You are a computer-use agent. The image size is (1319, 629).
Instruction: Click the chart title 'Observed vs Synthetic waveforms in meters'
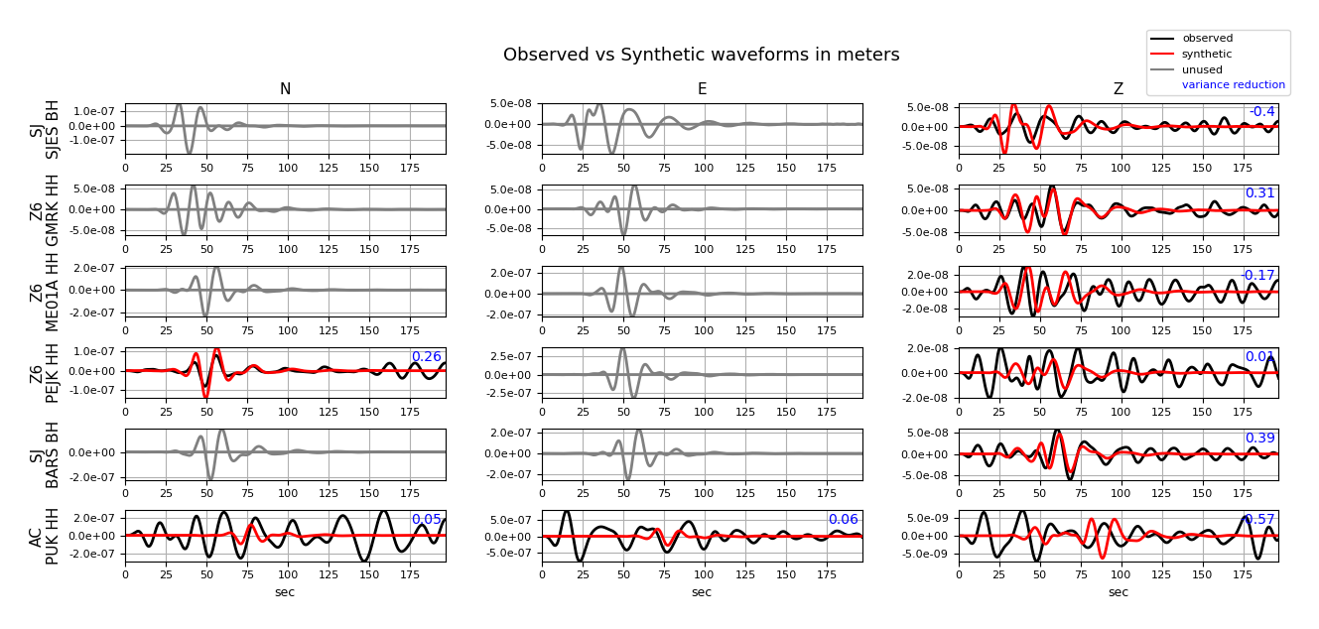point(701,56)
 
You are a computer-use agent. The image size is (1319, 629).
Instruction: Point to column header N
point(285,89)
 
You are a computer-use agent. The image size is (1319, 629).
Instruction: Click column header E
point(702,89)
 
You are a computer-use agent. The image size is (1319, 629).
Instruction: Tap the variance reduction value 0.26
point(427,357)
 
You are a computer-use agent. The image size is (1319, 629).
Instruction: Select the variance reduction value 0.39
point(1259,439)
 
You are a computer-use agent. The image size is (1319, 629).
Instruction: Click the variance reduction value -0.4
point(1261,112)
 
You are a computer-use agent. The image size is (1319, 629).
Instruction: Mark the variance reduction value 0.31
point(1259,193)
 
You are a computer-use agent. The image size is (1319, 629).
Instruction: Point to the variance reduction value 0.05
point(427,520)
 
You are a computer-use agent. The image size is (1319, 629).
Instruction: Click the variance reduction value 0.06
point(843,520)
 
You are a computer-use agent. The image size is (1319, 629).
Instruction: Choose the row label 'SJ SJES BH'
point(45,129)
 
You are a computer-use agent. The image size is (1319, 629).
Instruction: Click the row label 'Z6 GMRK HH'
point(45,210)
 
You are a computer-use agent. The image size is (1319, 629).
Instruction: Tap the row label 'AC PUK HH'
point(45,536)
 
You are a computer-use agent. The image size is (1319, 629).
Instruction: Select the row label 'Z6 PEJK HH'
point(45,373)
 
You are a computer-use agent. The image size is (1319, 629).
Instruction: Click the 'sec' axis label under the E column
point(702,592)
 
